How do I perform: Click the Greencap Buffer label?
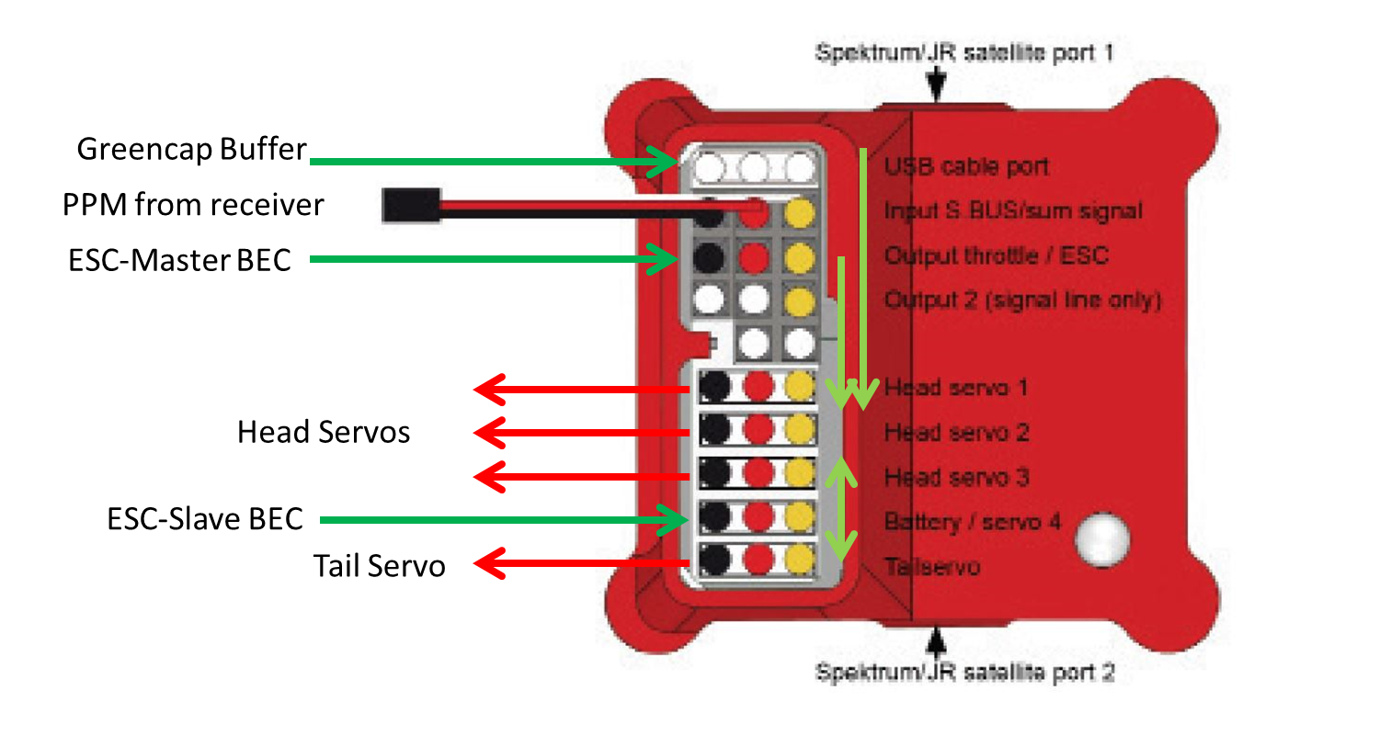pos(191,149)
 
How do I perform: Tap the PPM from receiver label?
pos(193,204)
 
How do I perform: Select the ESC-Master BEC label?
pos(179,260)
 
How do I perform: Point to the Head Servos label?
pos(324,432)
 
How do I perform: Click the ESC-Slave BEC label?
pos(205,519)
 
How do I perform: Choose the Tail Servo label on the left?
pos(379,565)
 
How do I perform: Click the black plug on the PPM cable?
pos(398,205)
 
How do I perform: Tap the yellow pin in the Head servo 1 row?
pos(800,387)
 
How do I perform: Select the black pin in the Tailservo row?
pos(714,559)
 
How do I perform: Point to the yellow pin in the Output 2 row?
pos(800,300)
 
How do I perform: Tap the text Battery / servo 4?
pos(973,522)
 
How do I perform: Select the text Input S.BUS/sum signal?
pos(1013,210)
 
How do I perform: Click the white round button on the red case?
pos(1102,538)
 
